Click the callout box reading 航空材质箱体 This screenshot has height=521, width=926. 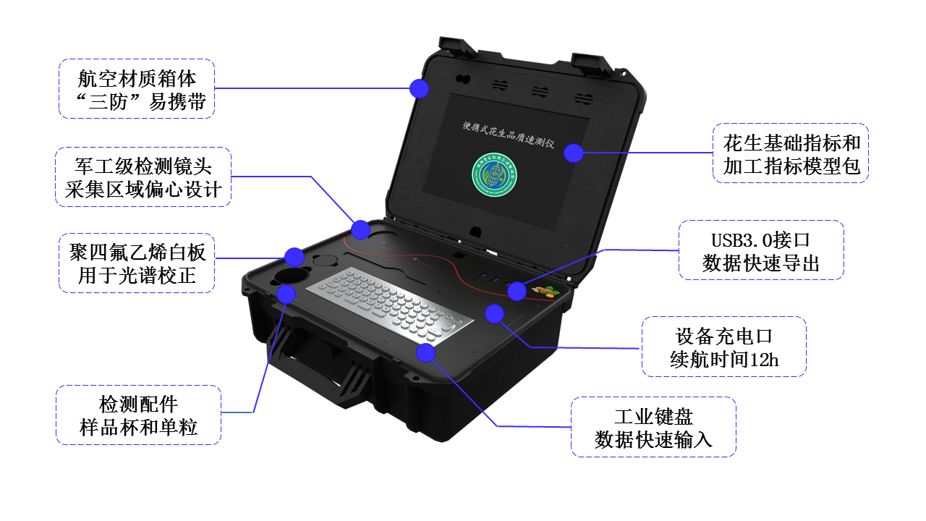click(x=137, y=88)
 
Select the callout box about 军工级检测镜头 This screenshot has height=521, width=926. click(x=143, y=177)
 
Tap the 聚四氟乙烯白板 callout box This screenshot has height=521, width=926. click(x=137, y=263)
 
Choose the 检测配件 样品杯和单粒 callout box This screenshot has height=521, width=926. click(x=138, y=415)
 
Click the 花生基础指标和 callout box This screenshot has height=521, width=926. click(x=790, y=153)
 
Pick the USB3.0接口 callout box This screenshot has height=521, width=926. click(x=761, y=250)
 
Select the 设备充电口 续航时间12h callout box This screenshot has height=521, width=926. click(x=723, y=347)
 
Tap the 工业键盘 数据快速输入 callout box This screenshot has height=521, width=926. click(x=653, y=427)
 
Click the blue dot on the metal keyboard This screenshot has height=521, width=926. click(x=425, y=352)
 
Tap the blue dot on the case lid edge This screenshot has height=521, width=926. click(x=419, y=88)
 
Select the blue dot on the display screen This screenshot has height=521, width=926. click(x=574, y=153)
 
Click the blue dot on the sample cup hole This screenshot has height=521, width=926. click(x=286, y=293)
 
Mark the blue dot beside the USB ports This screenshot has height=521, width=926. click(x=516, y=291)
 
